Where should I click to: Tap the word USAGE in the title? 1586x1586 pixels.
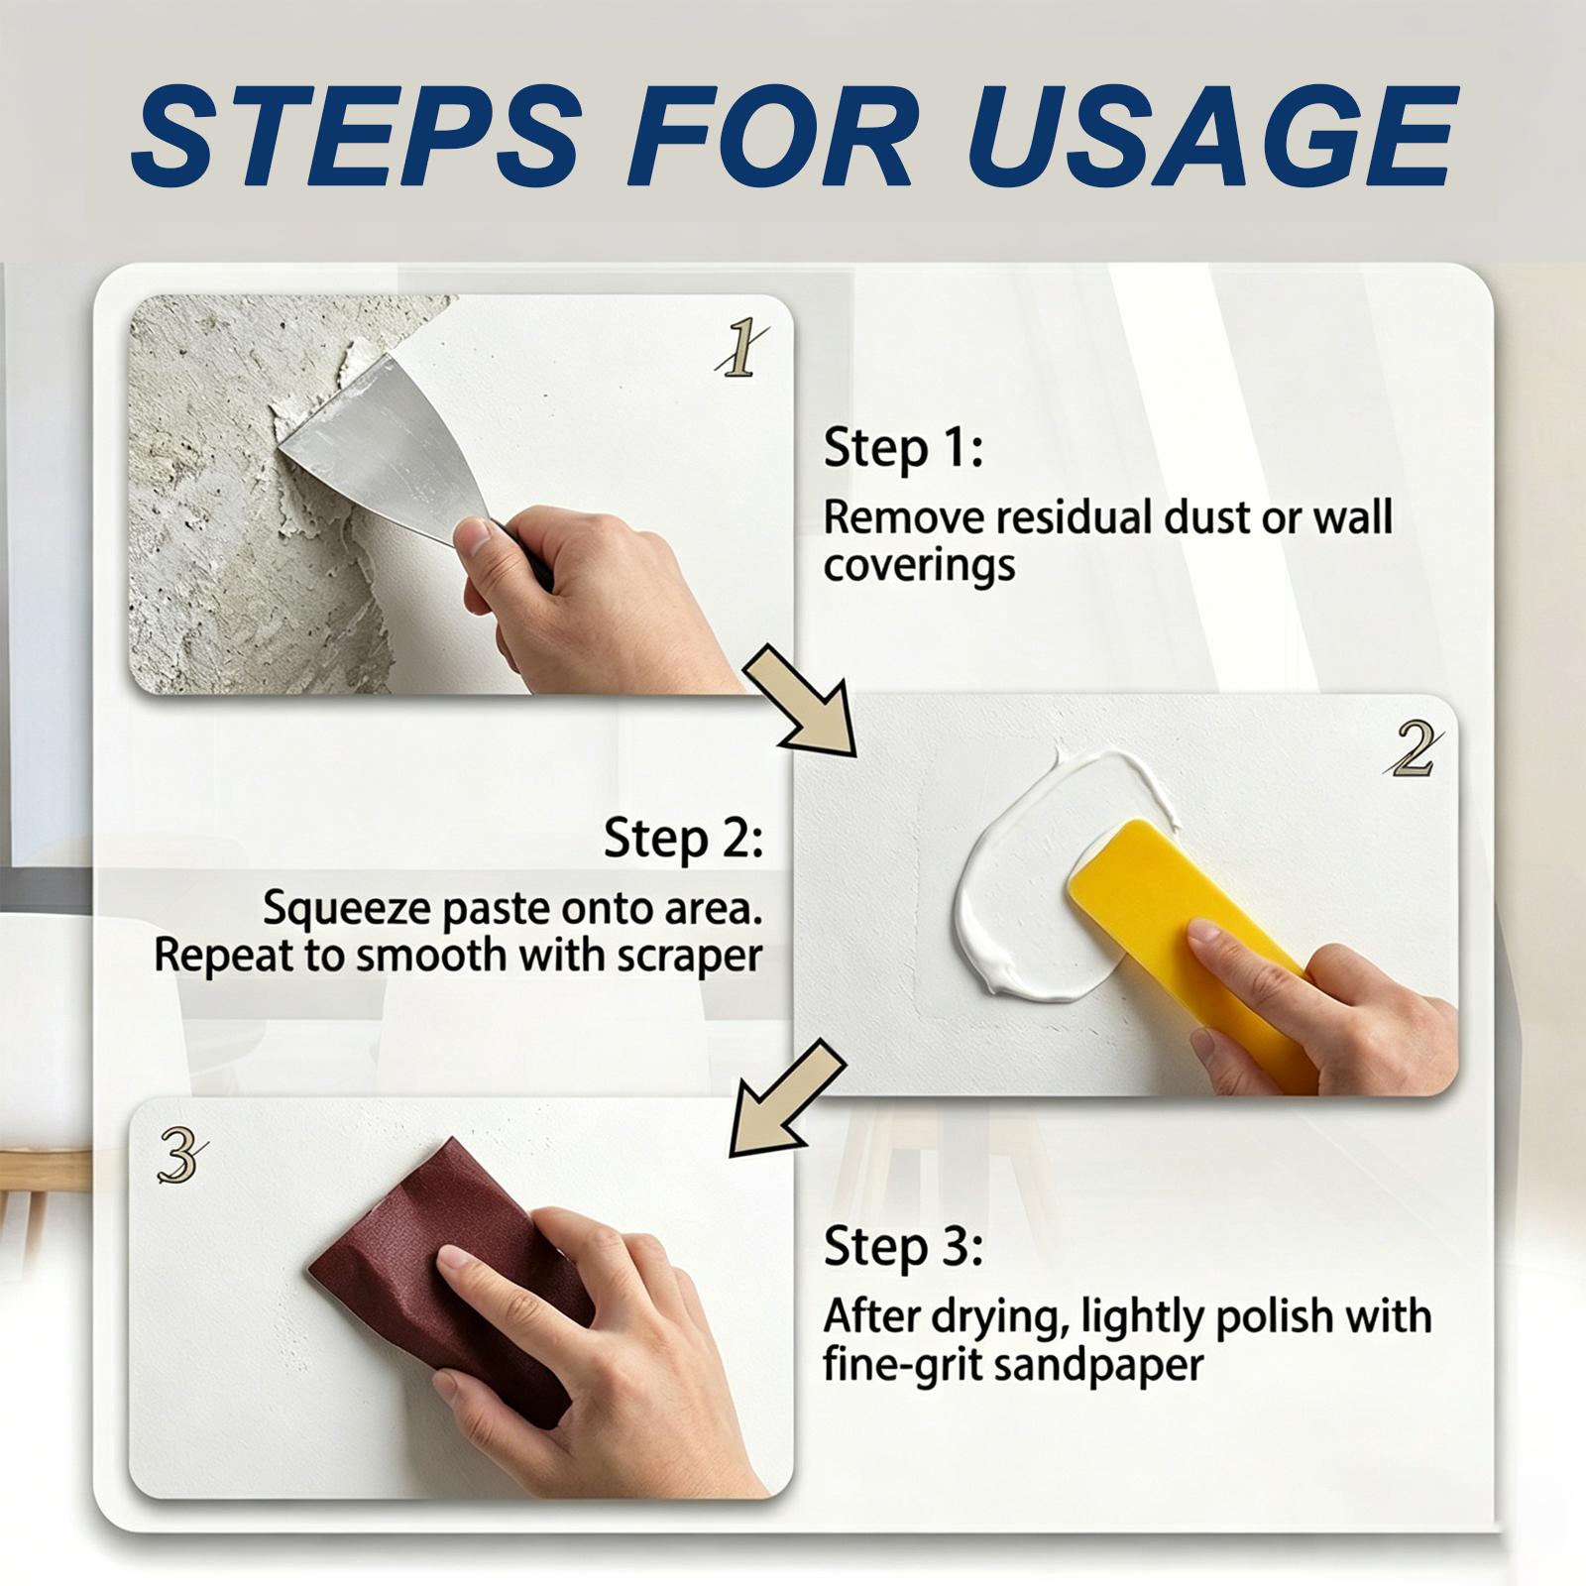click(1212, 136)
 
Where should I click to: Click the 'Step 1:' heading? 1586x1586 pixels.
click(902, 448)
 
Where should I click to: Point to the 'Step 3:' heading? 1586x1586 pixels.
click(902, 1246)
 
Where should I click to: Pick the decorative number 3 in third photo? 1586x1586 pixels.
click(182, 1157)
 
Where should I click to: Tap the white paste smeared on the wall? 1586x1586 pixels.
click(1021, 892)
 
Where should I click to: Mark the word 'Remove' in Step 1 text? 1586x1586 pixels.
click(903, 517)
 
